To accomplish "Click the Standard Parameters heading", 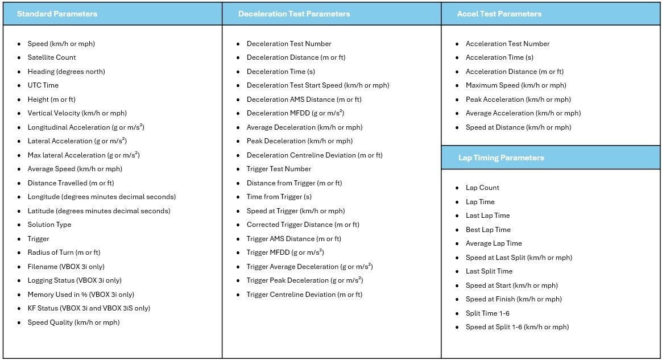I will [57, 14].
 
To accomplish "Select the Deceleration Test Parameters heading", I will [294, 14].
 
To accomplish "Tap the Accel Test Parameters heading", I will [499, 14].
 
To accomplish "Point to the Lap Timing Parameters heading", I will [501, 158].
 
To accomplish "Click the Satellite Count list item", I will [52, 57].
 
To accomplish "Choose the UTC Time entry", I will [43, 85].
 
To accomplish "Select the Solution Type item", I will [49, 225].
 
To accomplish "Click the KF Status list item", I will [89, 308].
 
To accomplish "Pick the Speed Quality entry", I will [73, 322].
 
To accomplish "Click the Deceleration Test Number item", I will [289, 44].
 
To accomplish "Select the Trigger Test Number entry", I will [279, 169].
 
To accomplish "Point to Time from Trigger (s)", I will [279, 197].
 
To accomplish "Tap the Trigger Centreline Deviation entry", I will [304, 295].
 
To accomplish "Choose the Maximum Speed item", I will [516, 85].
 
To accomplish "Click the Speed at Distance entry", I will [518, 127].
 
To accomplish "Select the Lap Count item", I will [482, 188].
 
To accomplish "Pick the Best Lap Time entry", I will [488, 230].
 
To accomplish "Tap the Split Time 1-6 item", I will [487, 313].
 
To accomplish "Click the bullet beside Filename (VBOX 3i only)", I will [19, 267].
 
